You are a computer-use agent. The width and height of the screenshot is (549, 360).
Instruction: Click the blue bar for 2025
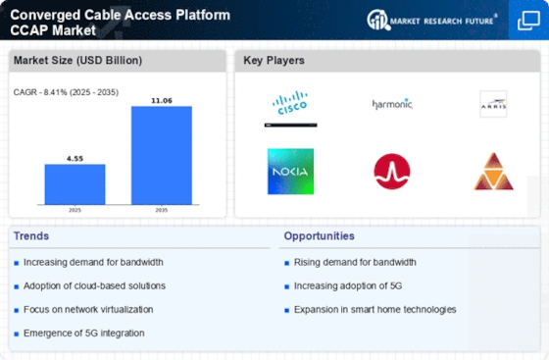[x=75, y=184]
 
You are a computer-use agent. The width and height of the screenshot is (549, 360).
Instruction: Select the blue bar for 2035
[x=162, y=155]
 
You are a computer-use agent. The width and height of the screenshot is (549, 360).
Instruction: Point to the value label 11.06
[x=162, y=100]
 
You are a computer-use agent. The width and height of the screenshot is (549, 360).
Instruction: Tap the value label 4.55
[x=75, y=159]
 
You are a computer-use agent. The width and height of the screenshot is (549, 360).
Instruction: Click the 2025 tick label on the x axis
[x=75, y=210]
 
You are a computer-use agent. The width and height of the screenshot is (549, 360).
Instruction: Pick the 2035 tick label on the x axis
[x=162, y=210]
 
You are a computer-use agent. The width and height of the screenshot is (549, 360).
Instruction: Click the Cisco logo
[x=290, y=103]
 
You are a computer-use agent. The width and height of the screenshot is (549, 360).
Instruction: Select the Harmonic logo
[x=392, y=104]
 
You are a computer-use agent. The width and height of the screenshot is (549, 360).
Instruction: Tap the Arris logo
[x=493, y=104]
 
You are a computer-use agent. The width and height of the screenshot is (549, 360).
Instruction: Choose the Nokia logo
[x=290, y=172]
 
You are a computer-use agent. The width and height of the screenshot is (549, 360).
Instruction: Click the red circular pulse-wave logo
[x=392, y=172]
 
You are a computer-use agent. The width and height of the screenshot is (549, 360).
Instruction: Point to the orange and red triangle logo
[x=494, y=172]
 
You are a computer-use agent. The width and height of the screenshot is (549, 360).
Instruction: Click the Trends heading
[x=31, y=236]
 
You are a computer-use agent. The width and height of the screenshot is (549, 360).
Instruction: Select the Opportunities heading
[x=319, y=236]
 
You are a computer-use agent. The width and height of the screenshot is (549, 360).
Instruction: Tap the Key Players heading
[x=274, y=60]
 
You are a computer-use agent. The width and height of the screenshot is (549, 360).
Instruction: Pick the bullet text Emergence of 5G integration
[x=84, y=334]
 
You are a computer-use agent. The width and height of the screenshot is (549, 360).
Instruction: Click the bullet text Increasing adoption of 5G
[x=348, y=286]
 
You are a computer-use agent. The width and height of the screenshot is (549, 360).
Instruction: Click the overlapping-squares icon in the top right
[x=528, y=21]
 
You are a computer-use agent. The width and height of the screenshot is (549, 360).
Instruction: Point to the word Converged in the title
[x=45, y=15]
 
